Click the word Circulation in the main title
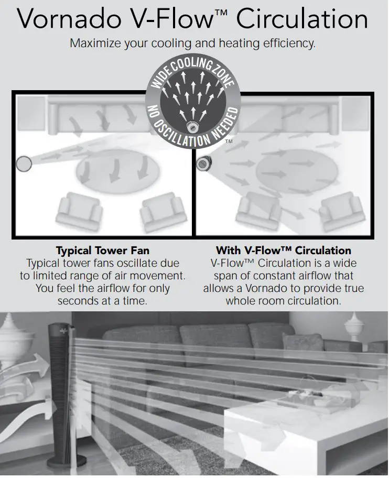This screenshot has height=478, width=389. click(x=302, y=19)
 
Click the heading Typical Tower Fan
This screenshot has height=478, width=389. click(x=102, y=251)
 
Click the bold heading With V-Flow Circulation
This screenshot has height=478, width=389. click(x=284, y=251)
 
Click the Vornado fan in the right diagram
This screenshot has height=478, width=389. click(x=203, y=164)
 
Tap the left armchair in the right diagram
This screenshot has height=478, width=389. click(x=257, y=211)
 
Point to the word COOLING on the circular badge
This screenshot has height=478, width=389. click(x=196, y=68)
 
